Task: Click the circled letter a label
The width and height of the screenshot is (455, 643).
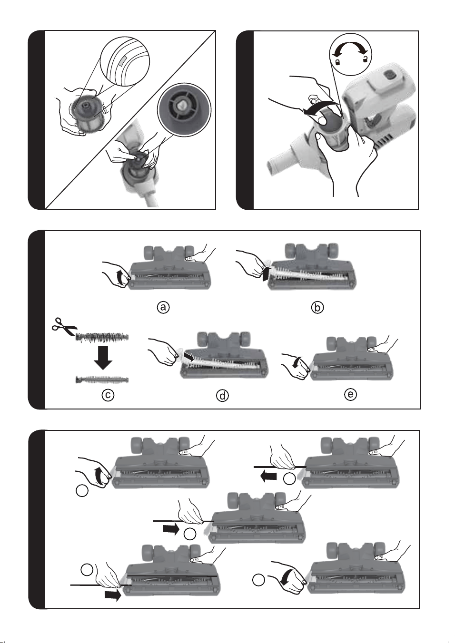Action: click(163, 307)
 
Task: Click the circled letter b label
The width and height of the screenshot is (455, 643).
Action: click(317, 307)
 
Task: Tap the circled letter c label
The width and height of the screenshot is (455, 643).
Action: click(108, 395)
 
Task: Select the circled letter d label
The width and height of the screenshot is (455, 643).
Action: click(222, 396)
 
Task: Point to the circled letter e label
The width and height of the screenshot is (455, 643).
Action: click(350, 394)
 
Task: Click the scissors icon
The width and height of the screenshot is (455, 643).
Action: click(64, 327)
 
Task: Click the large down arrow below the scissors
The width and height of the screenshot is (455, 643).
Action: click(103, 357)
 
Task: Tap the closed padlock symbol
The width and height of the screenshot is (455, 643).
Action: click(338, 61)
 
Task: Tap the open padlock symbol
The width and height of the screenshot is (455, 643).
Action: click(365, 59)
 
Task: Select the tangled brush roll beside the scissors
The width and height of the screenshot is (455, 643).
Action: click(102, 336)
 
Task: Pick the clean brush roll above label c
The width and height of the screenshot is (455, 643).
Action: click(102, 380)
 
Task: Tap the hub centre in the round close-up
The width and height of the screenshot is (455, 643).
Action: click(181, 106)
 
